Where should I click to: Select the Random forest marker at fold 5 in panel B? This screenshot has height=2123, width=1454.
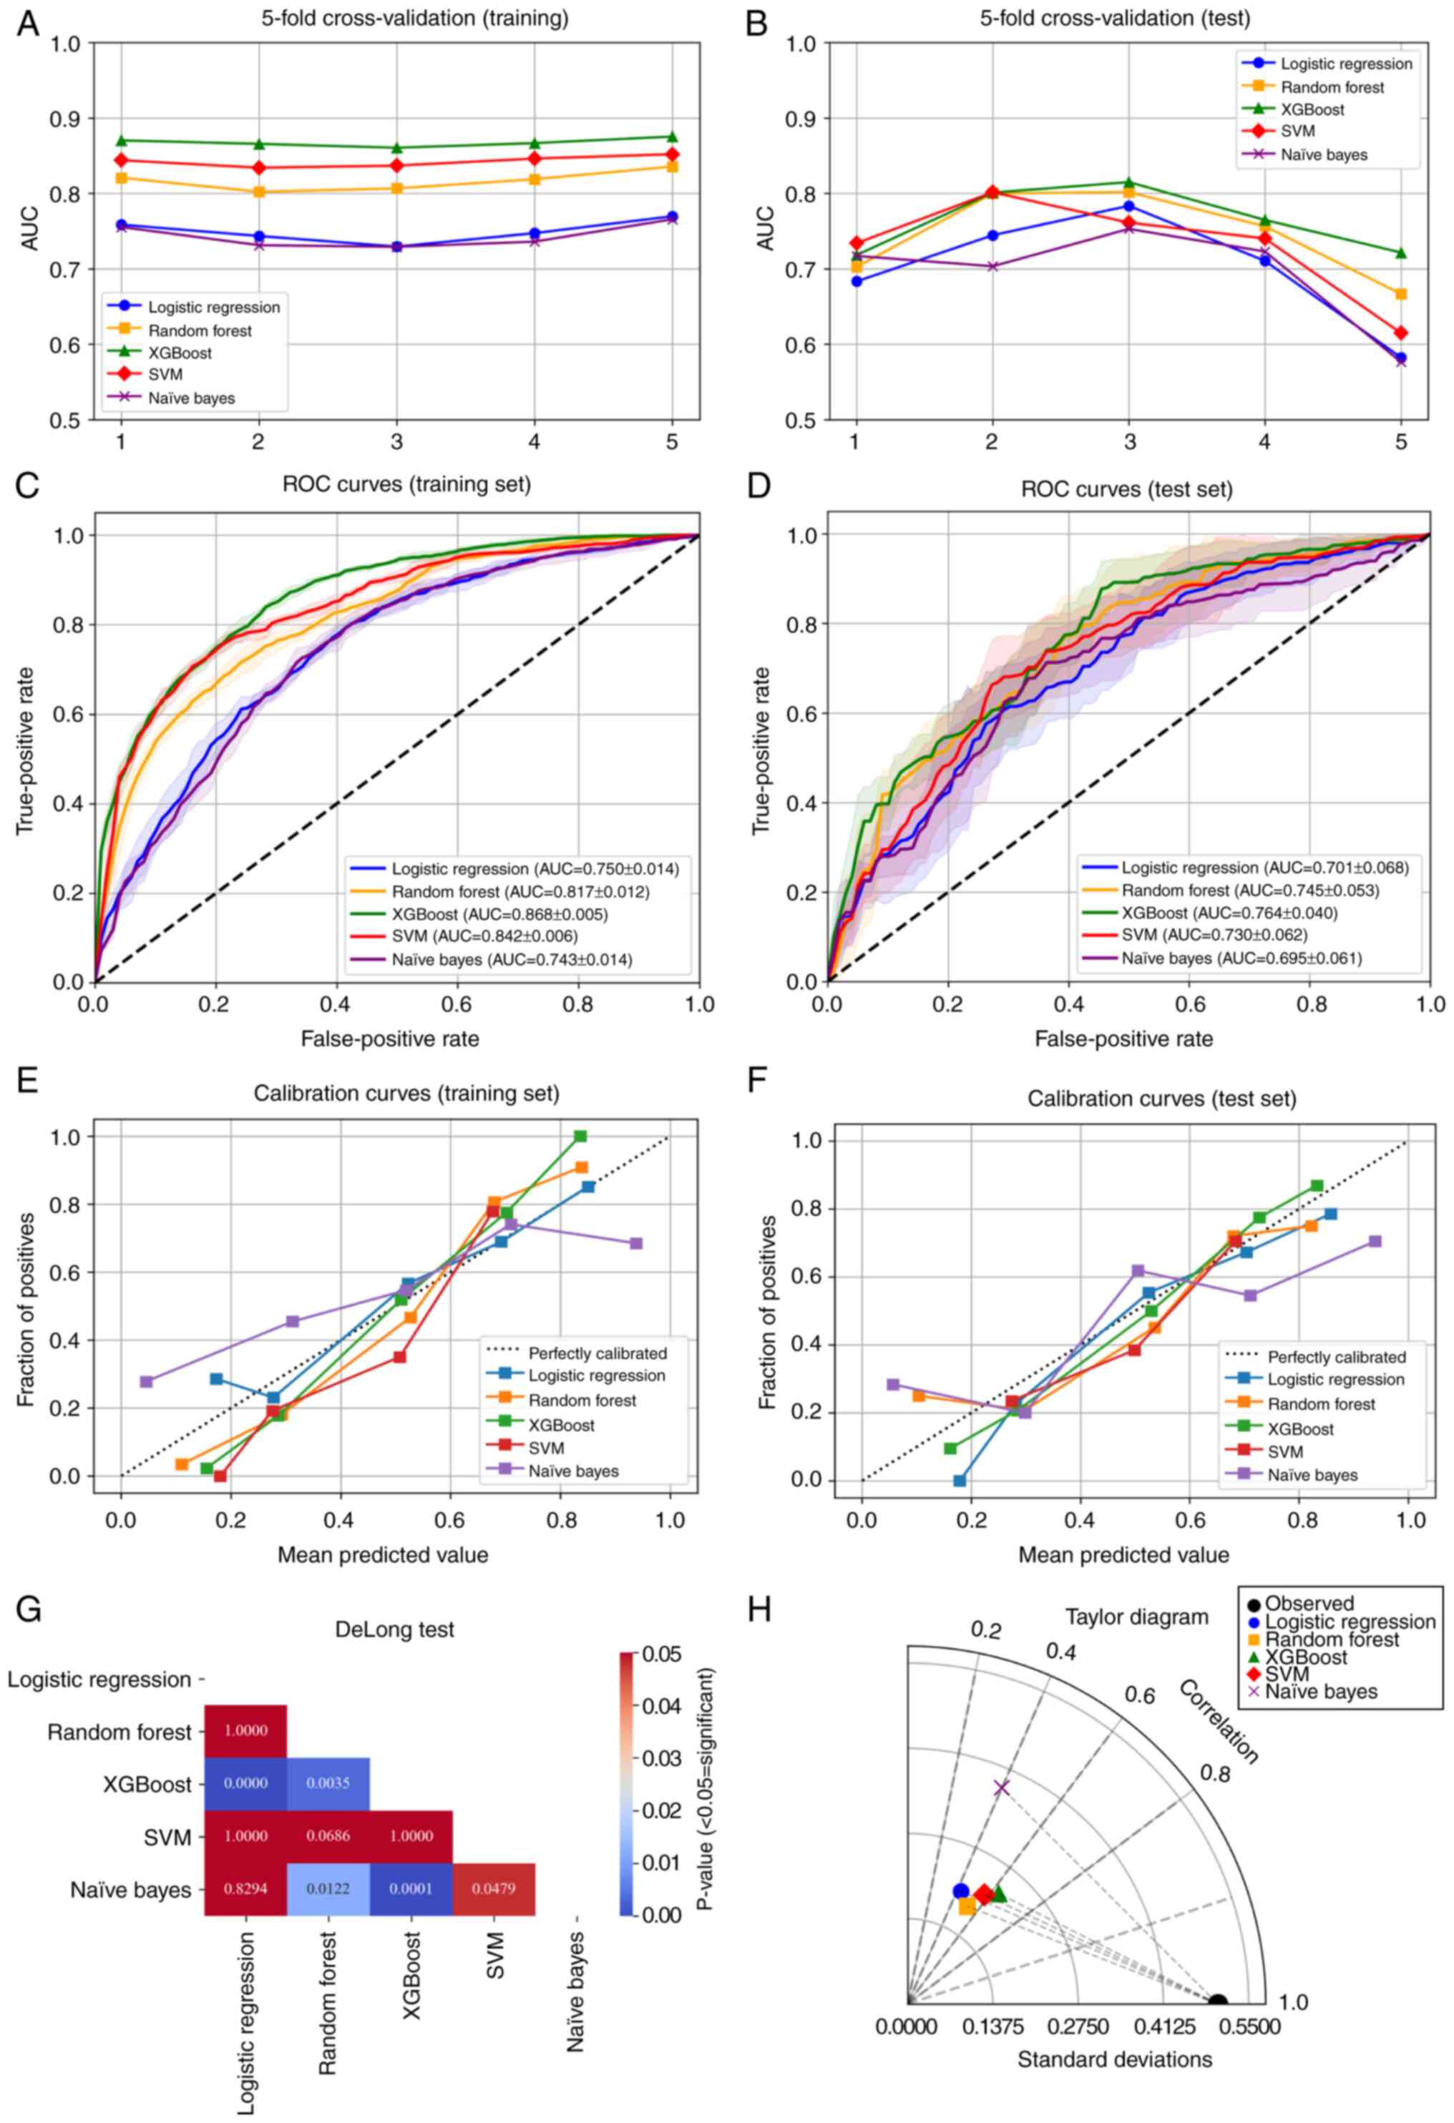click(1401, 294)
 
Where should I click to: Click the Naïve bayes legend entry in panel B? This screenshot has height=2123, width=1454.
click(1323, 155)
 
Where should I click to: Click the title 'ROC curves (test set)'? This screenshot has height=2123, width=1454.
click(1126, 490)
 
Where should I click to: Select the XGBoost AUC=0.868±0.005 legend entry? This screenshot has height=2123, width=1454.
click(499, 913)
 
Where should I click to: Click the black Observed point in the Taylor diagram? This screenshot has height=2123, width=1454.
click(1217, 2001)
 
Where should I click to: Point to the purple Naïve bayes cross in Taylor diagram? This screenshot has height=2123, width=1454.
click(1002, 1787)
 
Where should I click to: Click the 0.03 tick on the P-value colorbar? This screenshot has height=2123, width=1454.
click(660, 1757)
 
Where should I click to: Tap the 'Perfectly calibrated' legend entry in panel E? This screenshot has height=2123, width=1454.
click(597, 1353)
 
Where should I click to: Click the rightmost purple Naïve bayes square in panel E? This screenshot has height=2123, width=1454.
click(636, 1243)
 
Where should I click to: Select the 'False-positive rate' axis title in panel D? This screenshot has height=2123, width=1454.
click(1123, 1039)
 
